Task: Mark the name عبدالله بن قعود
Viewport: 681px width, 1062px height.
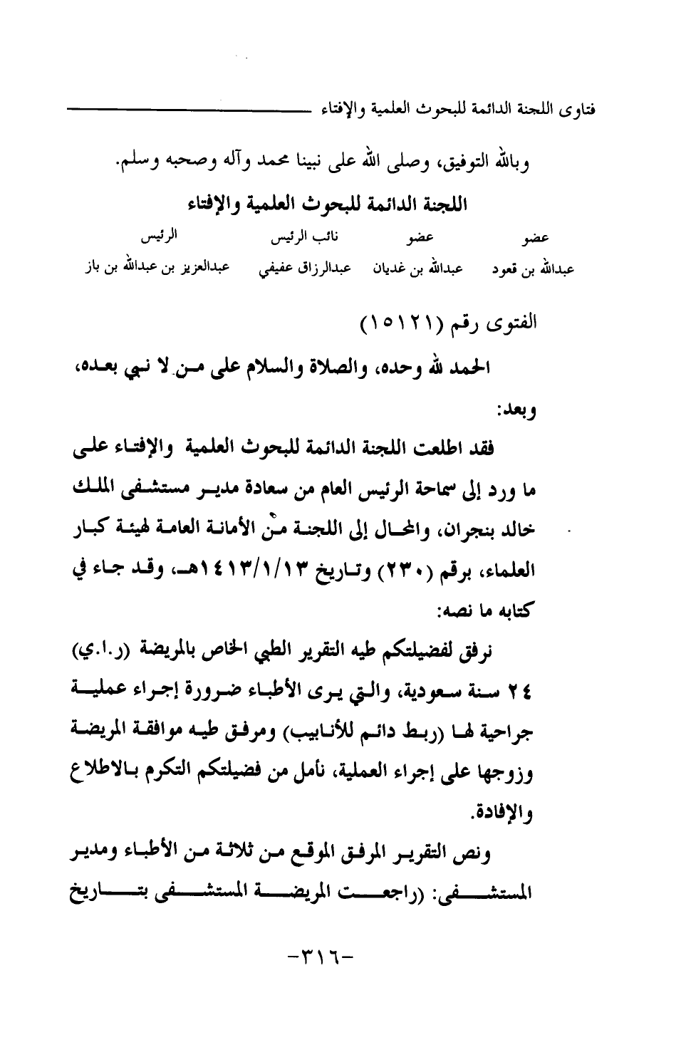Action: click(x=533, y=270)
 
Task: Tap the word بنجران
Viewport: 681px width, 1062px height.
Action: click(x=477, y=531)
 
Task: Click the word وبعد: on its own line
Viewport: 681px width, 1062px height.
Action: click(x=516, y=410)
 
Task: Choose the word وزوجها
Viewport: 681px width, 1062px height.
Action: click(x=513, y=772)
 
